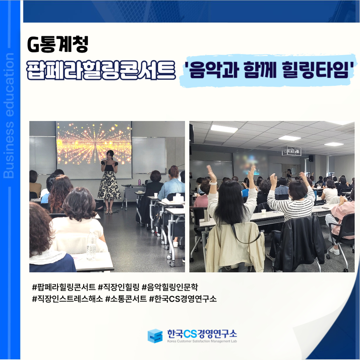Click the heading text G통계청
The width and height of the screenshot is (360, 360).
58,45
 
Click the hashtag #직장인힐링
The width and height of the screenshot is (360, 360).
118,287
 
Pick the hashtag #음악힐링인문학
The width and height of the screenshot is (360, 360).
170,287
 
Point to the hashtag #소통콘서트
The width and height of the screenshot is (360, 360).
126,299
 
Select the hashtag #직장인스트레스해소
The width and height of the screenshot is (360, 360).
67,299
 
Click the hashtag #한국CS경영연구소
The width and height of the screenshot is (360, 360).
183,299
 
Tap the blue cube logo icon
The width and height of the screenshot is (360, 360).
155,336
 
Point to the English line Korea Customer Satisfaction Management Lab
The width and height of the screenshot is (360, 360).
202,341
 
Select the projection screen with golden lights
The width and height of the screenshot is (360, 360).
94,150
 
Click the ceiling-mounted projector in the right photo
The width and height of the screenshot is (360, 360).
291,151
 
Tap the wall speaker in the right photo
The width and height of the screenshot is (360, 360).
311,158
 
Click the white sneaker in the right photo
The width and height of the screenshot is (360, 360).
335,251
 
